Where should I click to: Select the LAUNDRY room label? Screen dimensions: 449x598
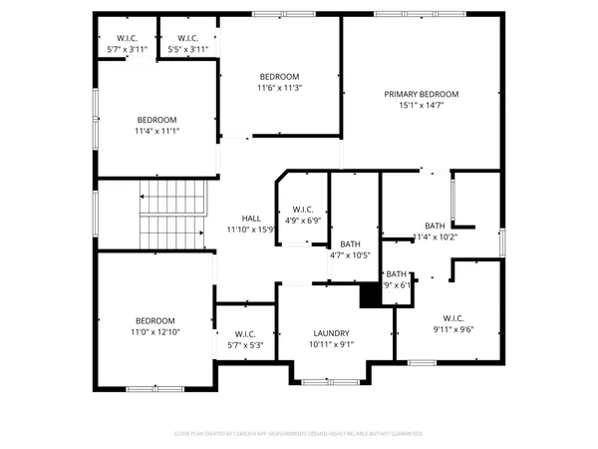coord(331,333)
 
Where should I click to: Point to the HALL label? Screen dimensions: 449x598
coord(251,219)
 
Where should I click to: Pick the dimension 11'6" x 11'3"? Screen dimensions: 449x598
coord(280,88)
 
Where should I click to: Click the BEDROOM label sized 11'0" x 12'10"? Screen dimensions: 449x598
coord(154,319)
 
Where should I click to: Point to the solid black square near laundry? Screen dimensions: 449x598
coord(370,295)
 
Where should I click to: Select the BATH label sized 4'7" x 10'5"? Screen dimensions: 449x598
coord(350,243)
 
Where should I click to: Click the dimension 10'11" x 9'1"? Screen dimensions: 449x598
coord(331,345)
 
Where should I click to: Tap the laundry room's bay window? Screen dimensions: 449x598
coord(330,382)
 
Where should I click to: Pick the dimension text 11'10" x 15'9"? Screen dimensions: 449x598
coord(251,229)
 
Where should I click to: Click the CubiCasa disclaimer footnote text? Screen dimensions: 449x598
coord(298,434)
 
